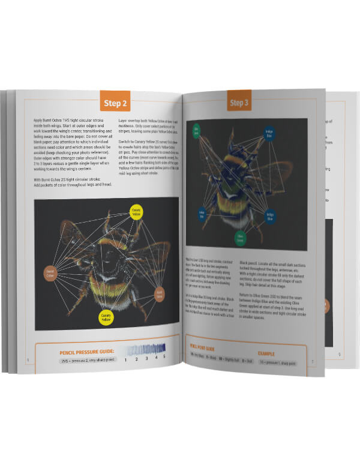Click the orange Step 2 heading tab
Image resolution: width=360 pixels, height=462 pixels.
[115, 103]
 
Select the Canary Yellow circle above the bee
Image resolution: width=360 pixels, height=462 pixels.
[139, 211]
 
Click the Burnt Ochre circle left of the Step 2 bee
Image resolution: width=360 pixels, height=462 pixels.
[50, 274]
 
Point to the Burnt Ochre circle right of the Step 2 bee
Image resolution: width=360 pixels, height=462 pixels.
[160, 295]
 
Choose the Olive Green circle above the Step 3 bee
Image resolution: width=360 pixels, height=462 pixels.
[196, 129]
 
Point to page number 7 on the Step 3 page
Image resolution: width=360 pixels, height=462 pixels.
[312, 361]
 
